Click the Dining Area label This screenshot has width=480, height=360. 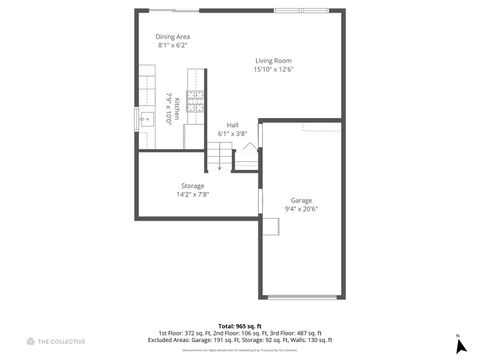click(x=172, y=37)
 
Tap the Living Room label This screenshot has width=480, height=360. click(x=273, y=61)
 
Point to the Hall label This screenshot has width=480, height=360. click(x=232, y=124)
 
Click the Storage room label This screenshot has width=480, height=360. click(x=193, y=186)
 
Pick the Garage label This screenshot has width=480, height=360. click(x=301, y=200)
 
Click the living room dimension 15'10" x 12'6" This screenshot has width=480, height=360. click(x=273, y=70)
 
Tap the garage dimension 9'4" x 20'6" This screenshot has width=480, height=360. click(x=301, y=209)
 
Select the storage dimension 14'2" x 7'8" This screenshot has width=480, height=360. click(x=193, y=195)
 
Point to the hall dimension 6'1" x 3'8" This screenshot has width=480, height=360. click(x=232, y=133)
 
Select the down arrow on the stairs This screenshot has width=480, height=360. click(x=220, y=167)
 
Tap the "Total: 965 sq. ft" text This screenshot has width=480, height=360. click(x=240, y=326)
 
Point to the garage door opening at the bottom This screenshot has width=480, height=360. click(x=304, y=297)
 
